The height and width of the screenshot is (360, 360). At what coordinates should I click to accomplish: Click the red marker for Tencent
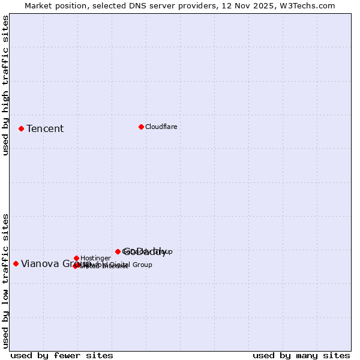coord(21,128)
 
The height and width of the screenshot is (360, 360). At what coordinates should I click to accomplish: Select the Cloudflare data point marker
coord(141,127)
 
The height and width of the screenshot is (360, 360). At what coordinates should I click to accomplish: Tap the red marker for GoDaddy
coord(118,251)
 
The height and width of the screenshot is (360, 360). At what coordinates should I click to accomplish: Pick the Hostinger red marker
coord(76,258)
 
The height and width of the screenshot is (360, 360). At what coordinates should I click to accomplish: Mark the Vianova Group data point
coord(16,263)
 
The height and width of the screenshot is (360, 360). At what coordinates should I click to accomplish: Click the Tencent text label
coord(45,128)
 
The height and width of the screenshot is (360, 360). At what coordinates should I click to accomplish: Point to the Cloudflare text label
coord(161,127)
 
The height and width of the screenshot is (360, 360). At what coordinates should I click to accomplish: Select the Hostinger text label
coord(95,258)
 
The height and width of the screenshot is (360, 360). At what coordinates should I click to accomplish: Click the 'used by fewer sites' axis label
coord(62,355)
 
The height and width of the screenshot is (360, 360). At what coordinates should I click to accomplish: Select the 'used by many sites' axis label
coord(301,355)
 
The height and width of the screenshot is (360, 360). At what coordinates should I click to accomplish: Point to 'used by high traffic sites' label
coord(6,86)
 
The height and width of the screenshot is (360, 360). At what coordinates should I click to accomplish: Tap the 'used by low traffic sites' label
coord(6,281)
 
